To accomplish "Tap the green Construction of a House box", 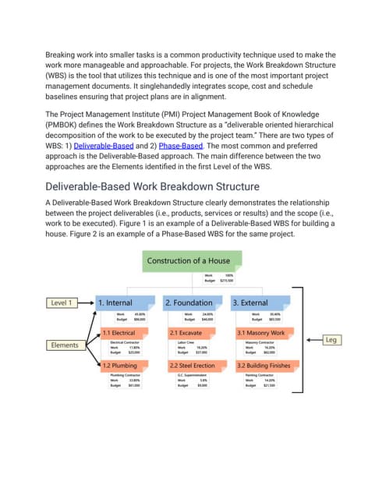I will pyautogui.click(x=182, y=260).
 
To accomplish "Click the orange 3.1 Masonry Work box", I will pyautogui.click(x=260, y=333).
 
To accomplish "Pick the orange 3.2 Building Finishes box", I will pyautogui.click(x=260, y=364).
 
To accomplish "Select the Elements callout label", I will pyautogui.click(x=65, y=344).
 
